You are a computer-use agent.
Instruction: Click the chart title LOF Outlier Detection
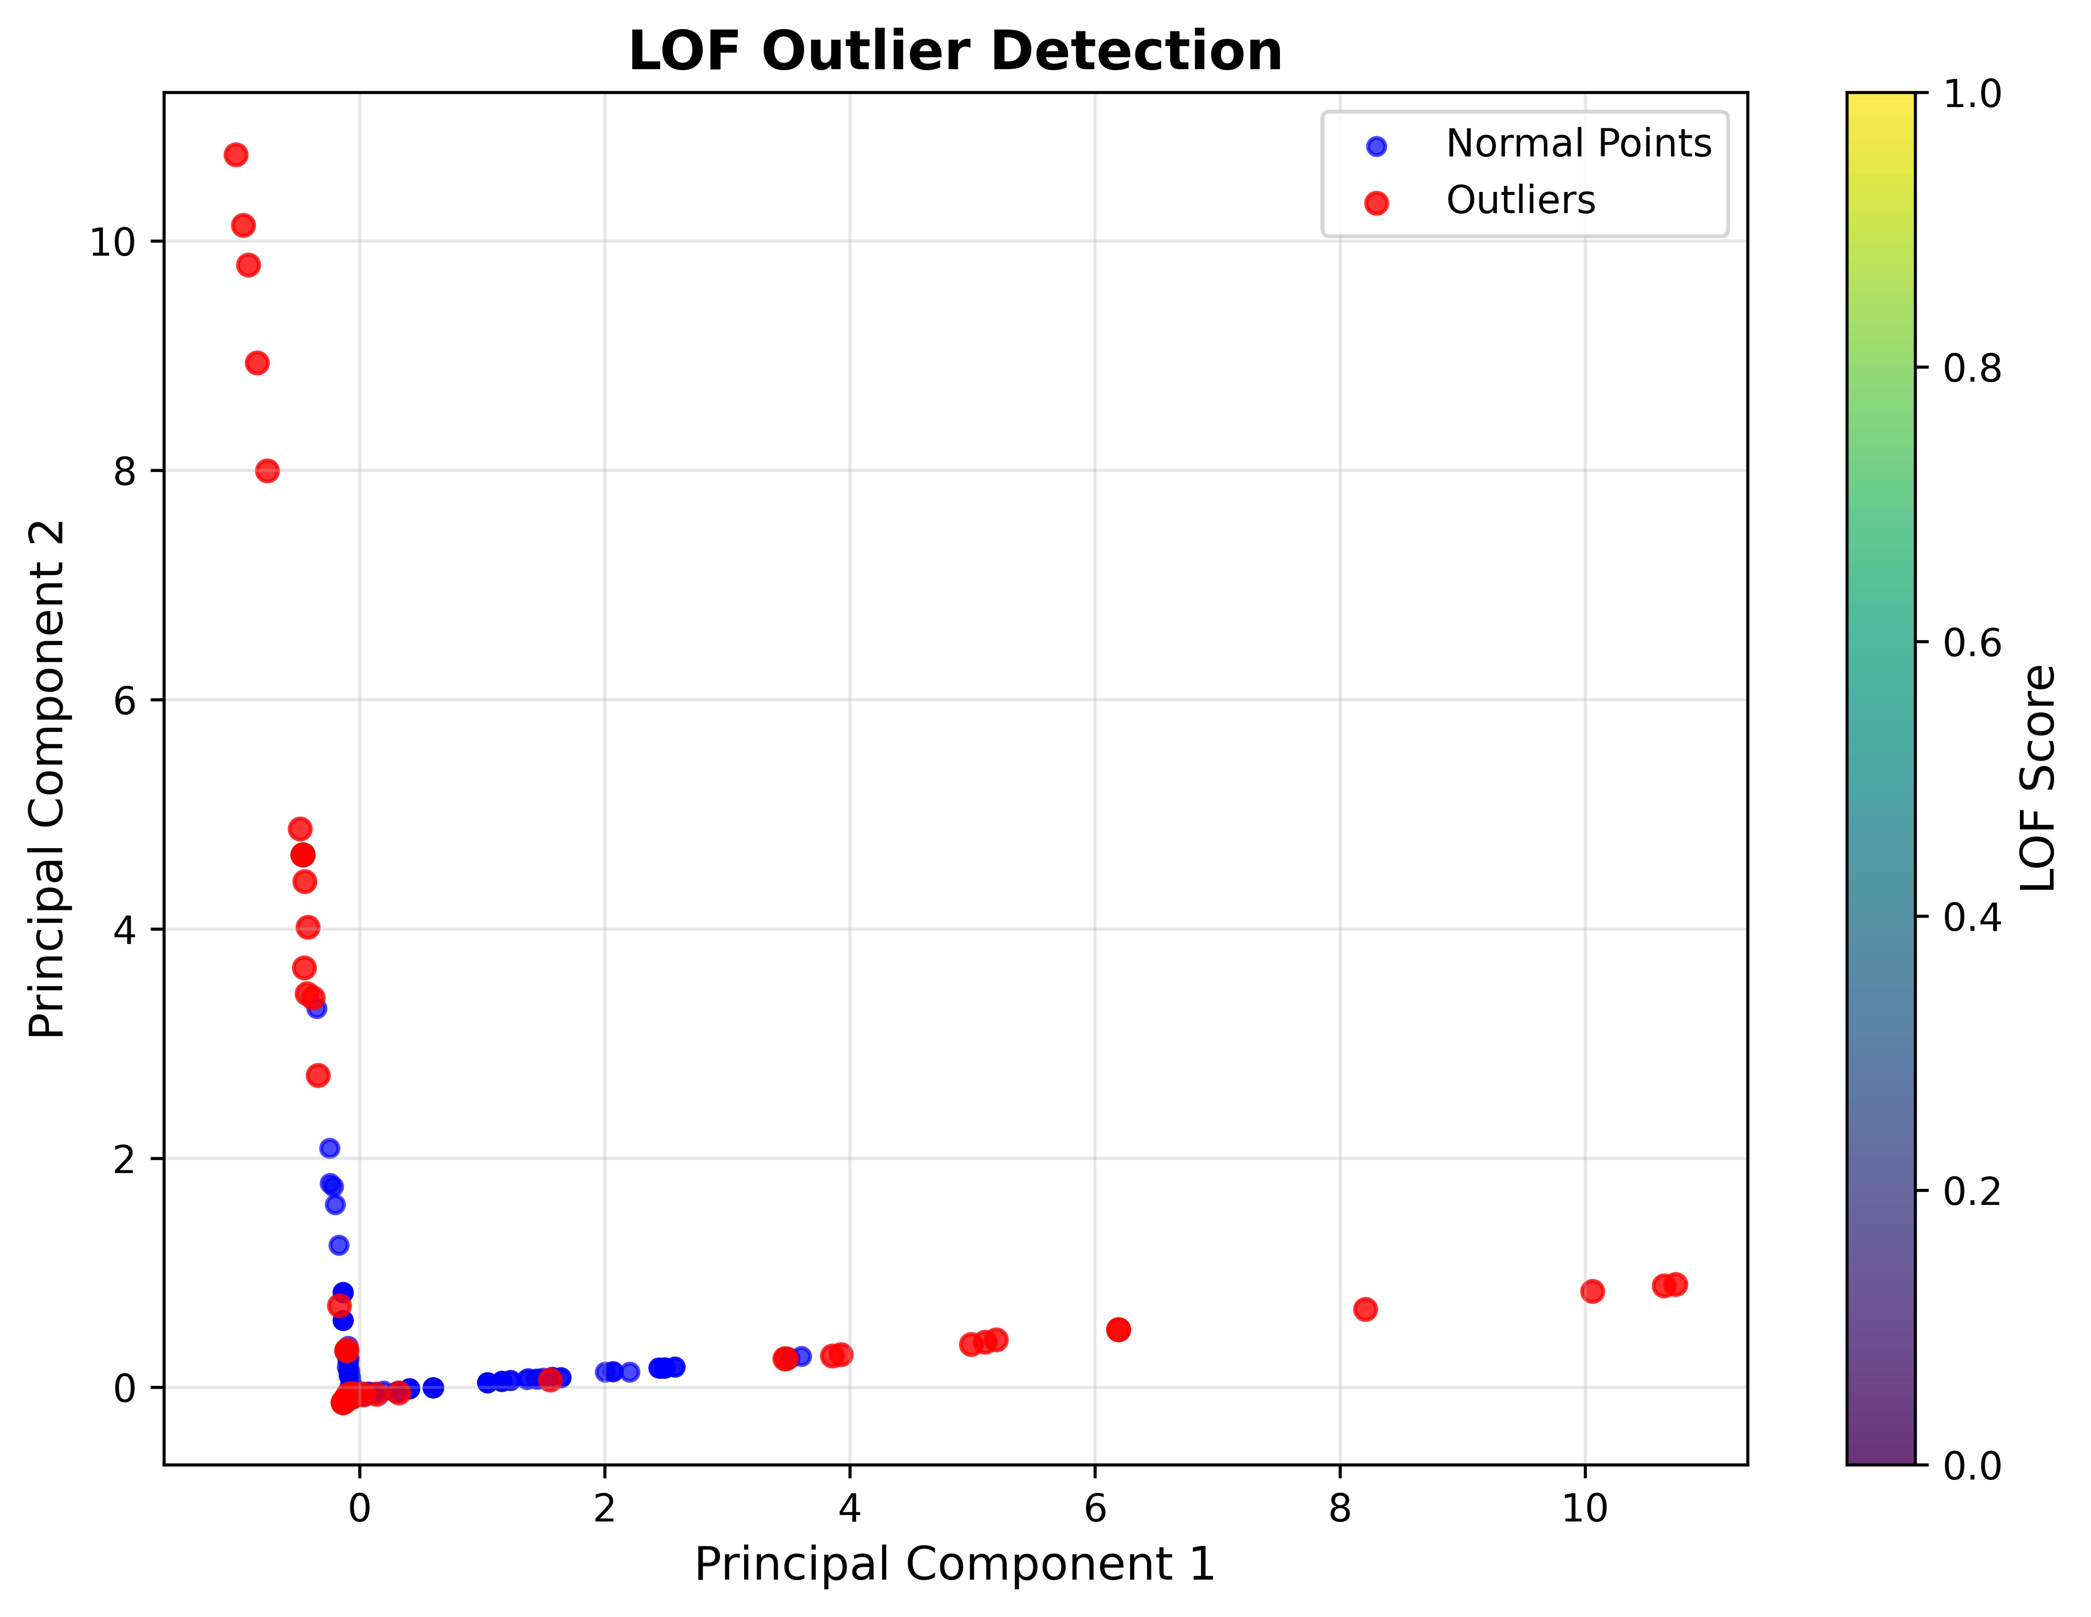pyautogui.click(x=955, y=52)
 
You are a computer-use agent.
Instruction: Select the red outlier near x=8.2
pyautogui.click(x=1365, y=1309)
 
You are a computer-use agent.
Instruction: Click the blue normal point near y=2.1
pyautogui.click(x=330, y=1148)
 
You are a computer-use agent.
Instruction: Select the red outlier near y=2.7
pyautogui.click(x=318, y=1075)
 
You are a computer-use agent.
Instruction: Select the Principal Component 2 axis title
pyautogui.click(x=48, y=779)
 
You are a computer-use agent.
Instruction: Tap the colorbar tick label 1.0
pyautogui.click(x=1972, y=94)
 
